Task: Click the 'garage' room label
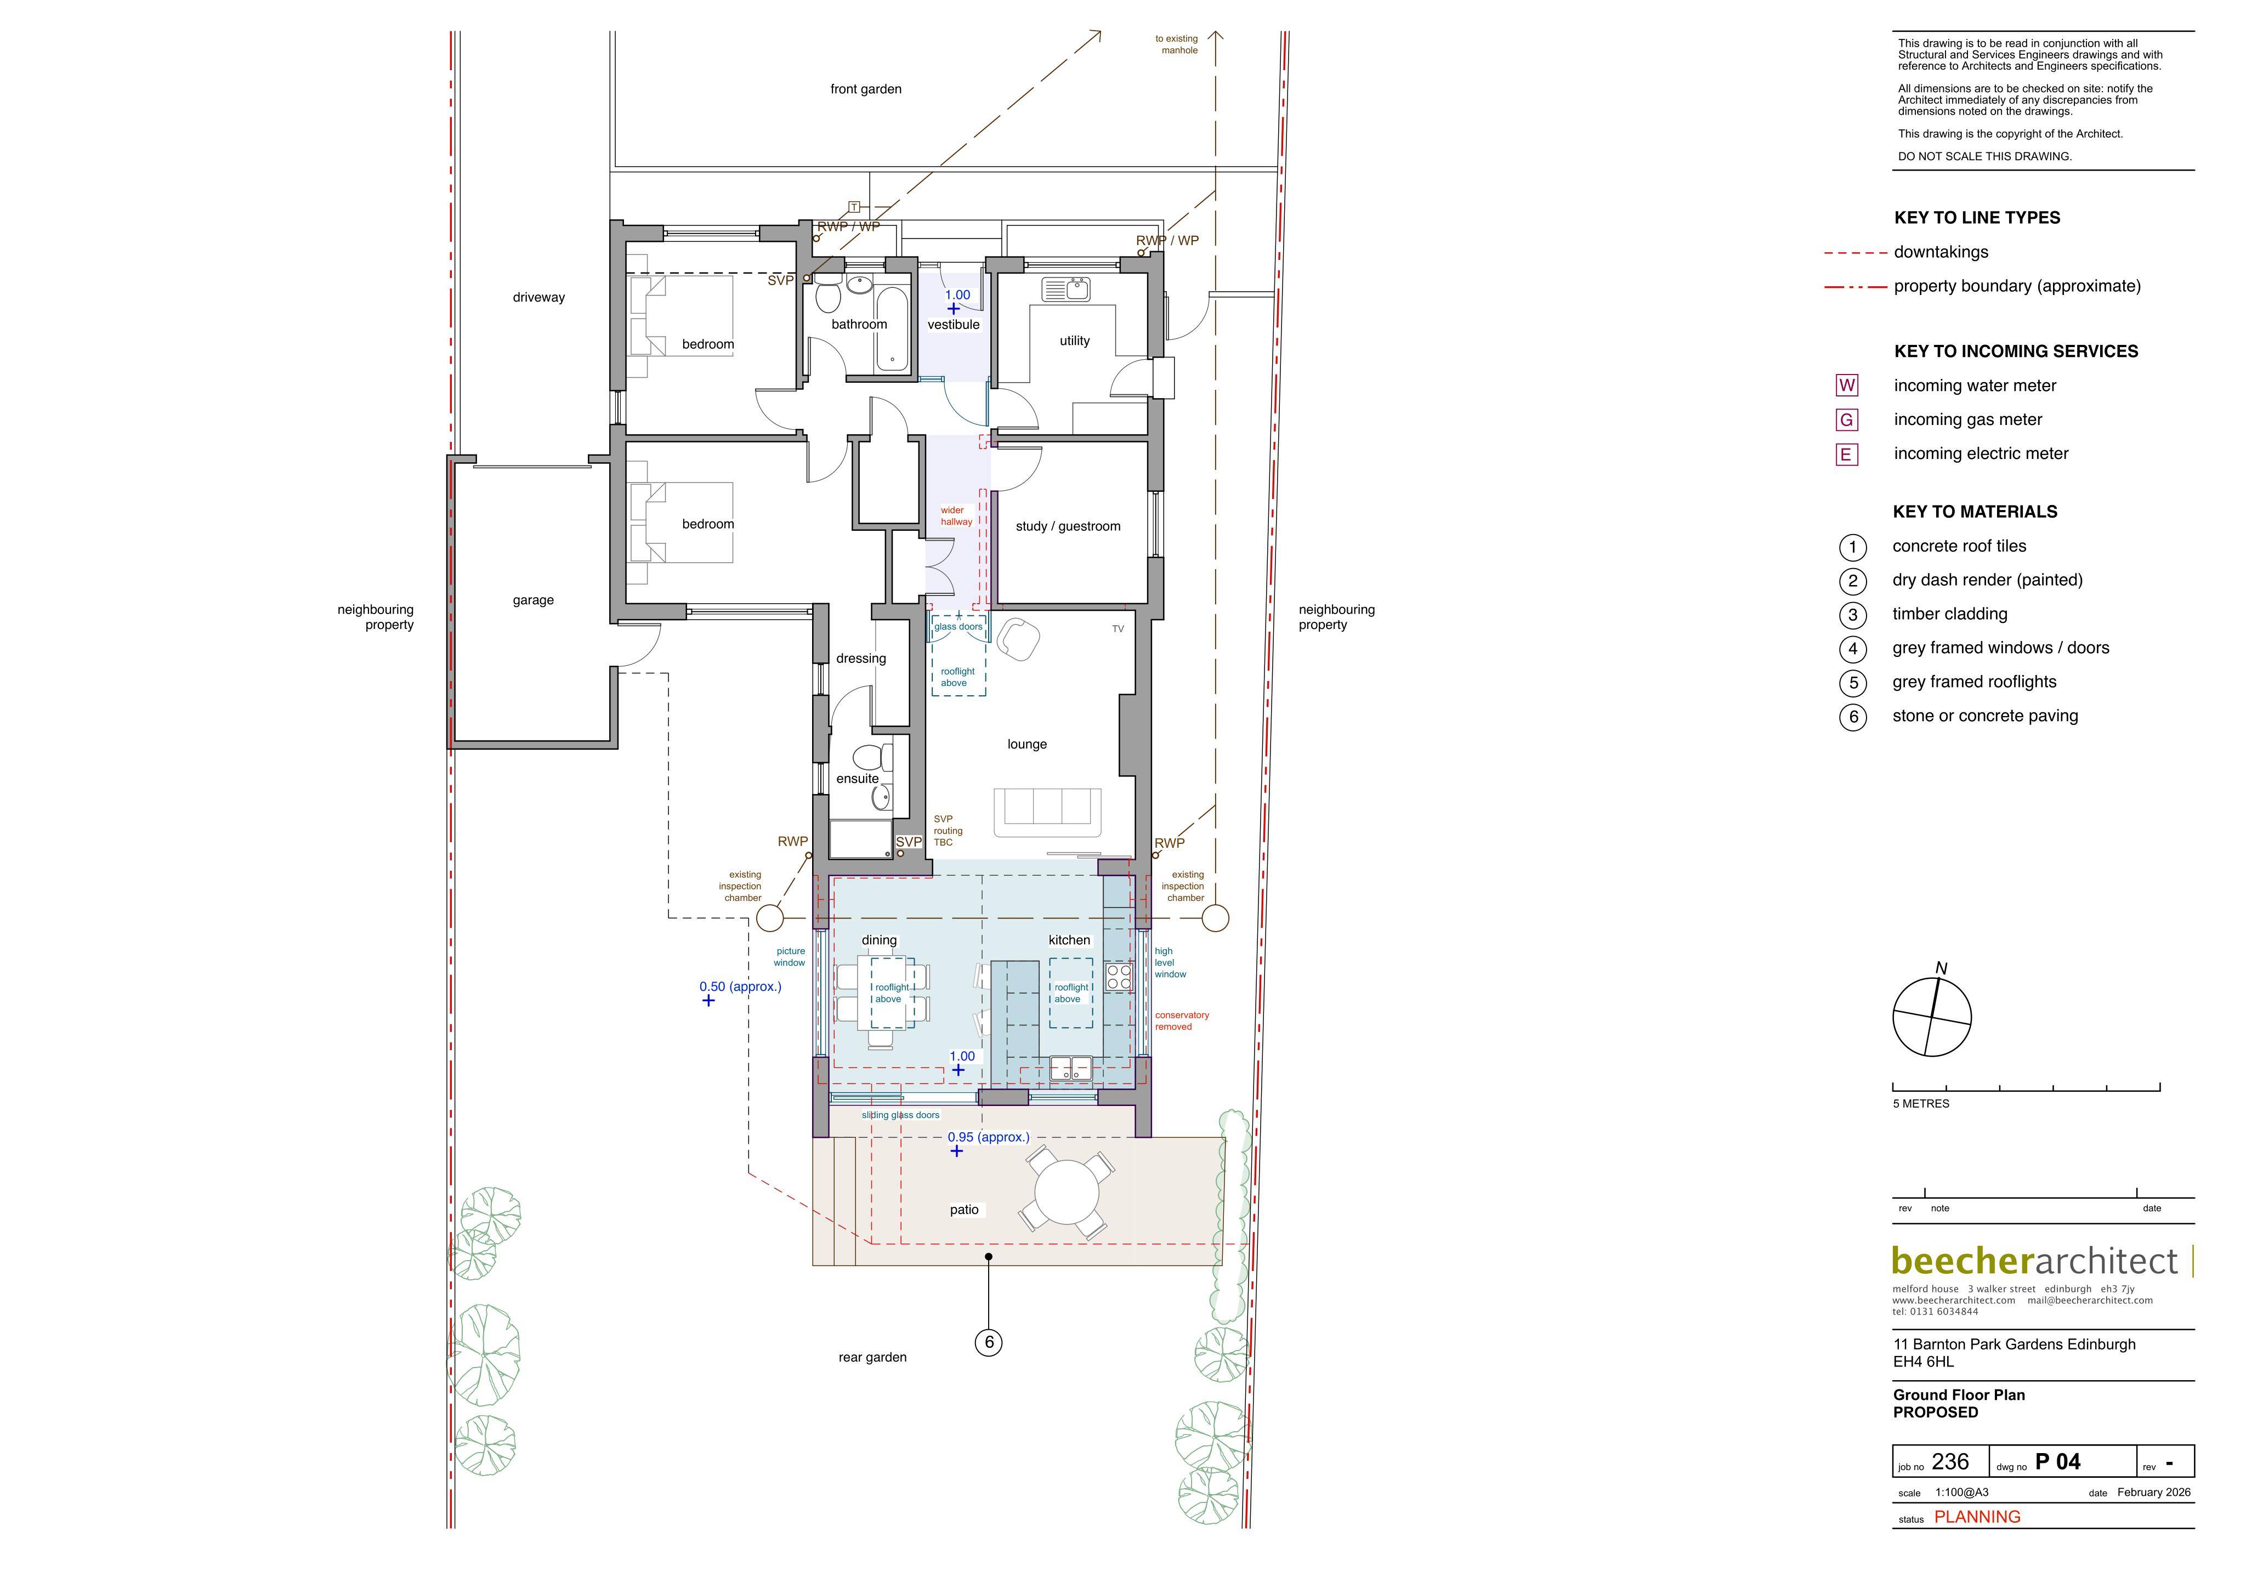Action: pyautogui.click(x=533, y=601)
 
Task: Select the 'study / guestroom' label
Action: pyautogui.click(x=1068, y=526)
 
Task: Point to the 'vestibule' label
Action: pyautogui.click(x=954, y=325)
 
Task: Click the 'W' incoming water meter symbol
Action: pyautogui.click(x=1847, y=385)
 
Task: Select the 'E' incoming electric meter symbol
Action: pyautogui.click(x=1847, y=454)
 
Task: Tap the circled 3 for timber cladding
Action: pyautogui.click(x=1853, y=615)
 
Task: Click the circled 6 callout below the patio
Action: pyautogui.click(x=989, y=1342)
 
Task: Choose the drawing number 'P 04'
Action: pyautogui.click(x=2058, y=1462)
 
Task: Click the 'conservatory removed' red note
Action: pyautogui.click(x=1182, y=1020)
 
